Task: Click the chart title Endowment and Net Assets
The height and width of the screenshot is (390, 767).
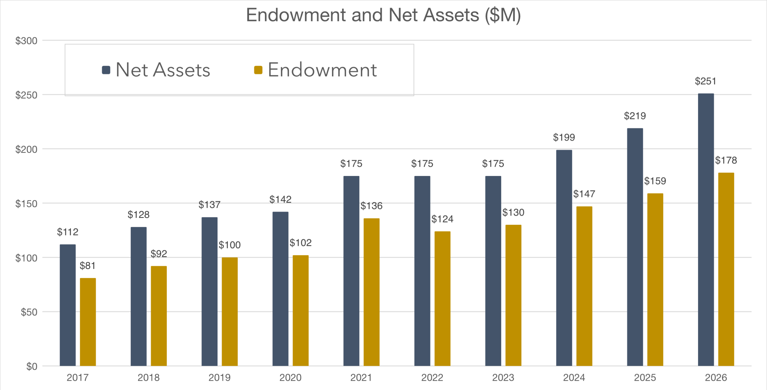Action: click(x=383, y=15)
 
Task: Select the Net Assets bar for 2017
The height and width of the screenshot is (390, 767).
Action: click(x=68, y=305)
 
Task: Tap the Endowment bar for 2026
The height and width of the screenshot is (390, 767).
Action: click(x=726, y=269)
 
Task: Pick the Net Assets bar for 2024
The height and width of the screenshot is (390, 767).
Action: click(x=564, y=258)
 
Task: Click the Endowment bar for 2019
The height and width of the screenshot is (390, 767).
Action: click(x=230, y=311)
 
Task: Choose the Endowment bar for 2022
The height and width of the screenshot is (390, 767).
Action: click(x=443, y=299)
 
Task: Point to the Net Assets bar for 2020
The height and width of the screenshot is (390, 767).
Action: click(x=280, y=289)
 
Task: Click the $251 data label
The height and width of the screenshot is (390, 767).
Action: click(x=706, y=81)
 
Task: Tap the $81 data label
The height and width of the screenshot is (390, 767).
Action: click(x=87, y=266)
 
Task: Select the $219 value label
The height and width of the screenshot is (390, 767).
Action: click(x=635, y=116)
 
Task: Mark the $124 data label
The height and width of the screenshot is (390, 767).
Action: click(x=442, y=219)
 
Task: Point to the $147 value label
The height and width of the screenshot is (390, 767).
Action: click(x=584, y=194)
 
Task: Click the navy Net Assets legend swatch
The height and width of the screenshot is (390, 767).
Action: click(x=106, y=70)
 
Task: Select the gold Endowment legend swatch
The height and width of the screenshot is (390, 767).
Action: click(x=258, y=70)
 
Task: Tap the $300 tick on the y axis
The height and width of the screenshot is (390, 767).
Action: click(x=26, y=40)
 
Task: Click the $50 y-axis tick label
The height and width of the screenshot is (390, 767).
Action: click(x=29, y=312)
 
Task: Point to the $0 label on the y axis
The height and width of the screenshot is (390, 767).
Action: click(x=32, y=366)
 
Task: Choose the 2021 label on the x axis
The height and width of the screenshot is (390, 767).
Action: click(x=361, y=377)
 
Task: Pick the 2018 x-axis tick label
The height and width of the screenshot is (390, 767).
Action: click(x=149, y=377)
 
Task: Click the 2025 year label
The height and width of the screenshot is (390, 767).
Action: click(x=645, y=377)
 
